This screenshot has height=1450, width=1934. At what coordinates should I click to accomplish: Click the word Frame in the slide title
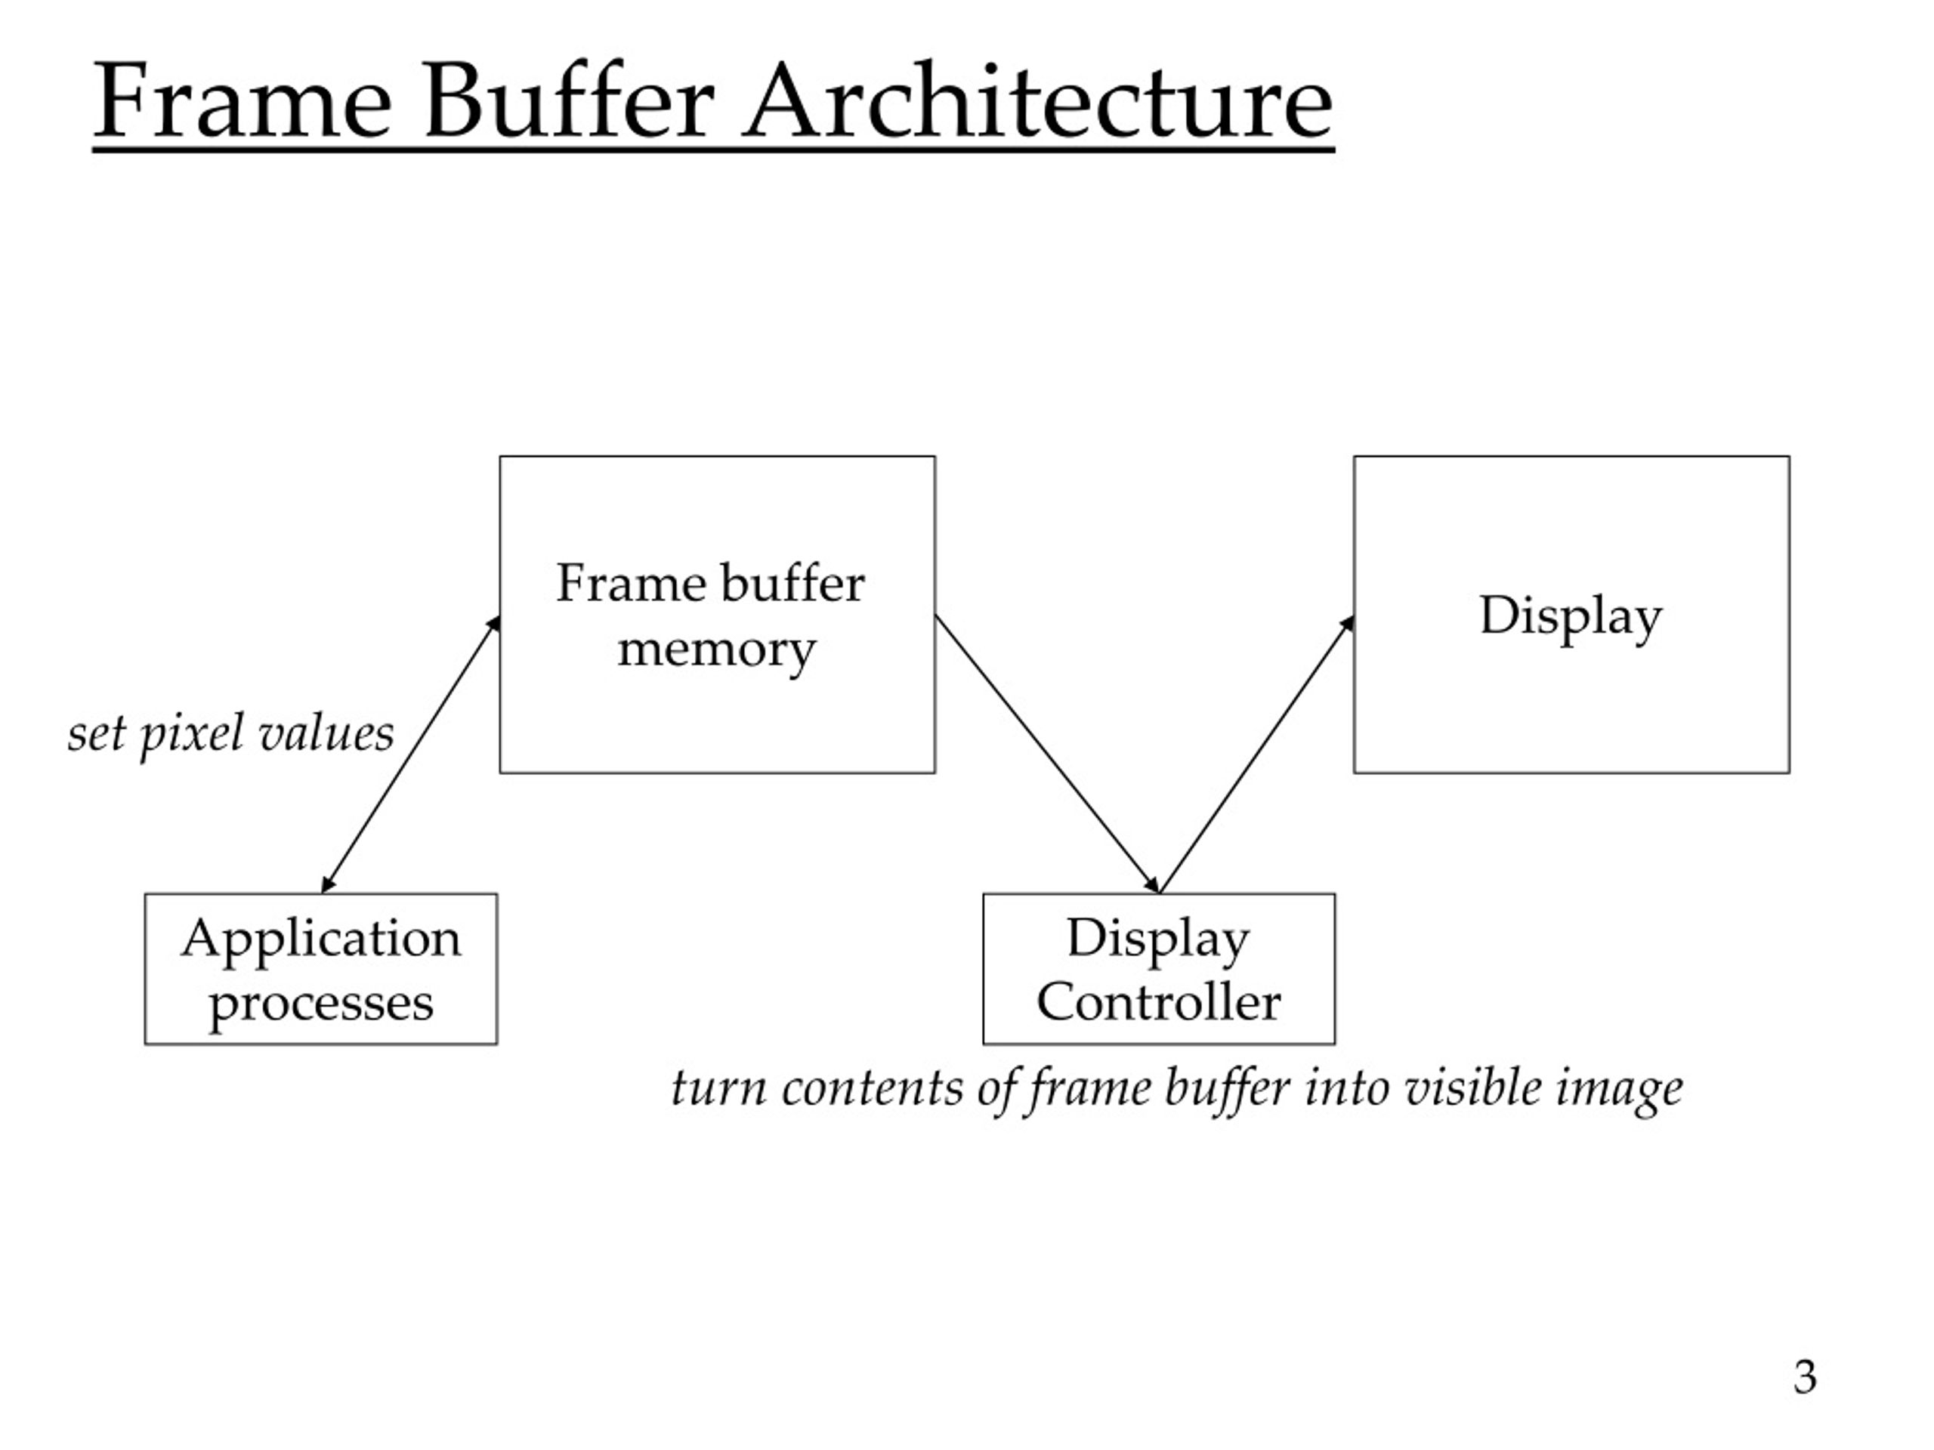(x=243, y=100)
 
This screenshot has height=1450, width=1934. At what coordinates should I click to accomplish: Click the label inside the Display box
(x=1571, y=616)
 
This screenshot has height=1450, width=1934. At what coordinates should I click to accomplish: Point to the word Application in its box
(x=321, y=939)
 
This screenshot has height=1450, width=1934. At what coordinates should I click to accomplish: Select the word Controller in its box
(x=1158, y=1001)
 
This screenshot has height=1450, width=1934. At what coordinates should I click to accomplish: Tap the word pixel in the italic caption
(x=191, y=734)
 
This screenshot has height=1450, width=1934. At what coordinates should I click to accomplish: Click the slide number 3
(x=1805, y=1377)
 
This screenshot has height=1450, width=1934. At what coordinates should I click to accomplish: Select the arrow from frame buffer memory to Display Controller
(x=1047, y=754)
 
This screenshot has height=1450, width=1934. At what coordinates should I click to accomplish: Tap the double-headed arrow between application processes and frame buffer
(x=411, y=754)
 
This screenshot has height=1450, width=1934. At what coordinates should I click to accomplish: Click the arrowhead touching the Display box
(x=1347, y=624)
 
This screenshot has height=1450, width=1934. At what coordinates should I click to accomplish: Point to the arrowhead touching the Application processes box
(x=328, y=885)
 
